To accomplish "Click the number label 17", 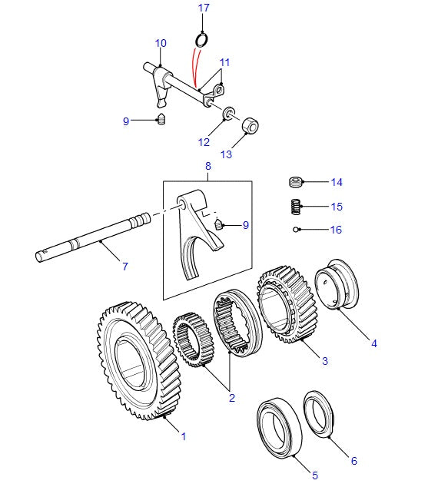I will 203,8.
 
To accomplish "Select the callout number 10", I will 161,43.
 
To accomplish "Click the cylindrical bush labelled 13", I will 251,125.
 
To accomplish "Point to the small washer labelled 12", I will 228,116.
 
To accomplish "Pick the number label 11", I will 224,61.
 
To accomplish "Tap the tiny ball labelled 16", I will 297,229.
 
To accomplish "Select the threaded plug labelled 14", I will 295,182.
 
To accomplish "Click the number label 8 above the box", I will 207,166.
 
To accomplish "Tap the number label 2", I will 231,398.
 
